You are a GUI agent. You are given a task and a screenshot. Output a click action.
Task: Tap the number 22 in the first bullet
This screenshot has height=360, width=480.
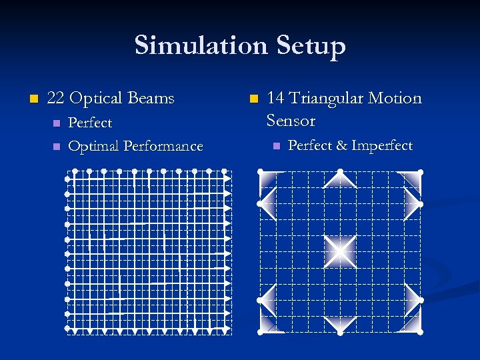[x=55, y=99]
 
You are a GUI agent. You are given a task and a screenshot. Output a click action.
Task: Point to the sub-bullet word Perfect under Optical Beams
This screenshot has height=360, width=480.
[x=90, y=123]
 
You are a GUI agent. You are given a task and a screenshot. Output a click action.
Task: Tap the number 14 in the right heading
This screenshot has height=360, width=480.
[x=275, y=99]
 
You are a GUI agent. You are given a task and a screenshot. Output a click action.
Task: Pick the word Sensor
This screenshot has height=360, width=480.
[x=291, y=121]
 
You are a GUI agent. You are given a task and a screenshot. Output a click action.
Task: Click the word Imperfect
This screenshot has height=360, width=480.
[x=382, y=145]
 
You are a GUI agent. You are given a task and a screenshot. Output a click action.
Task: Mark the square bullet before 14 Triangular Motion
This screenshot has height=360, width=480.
[x=253, y=99]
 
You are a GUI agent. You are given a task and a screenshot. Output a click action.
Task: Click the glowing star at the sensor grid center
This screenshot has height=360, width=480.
[x=340, y=251]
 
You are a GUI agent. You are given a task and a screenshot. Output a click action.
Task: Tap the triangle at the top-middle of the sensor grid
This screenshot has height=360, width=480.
[x=340, y=178]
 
